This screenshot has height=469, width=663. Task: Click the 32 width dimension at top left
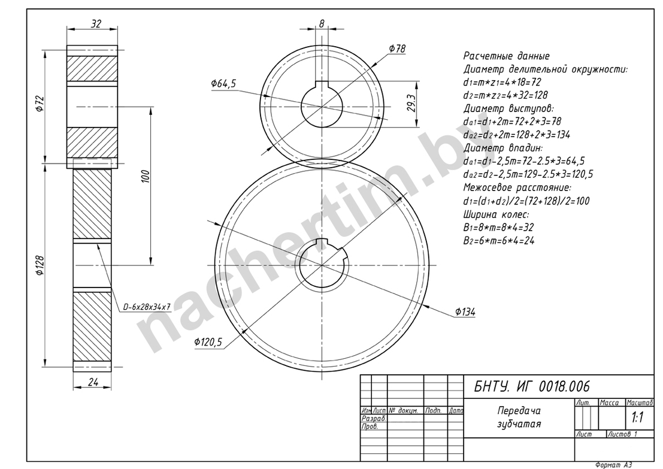tap(96, 24)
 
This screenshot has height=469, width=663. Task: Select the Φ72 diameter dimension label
tap(40, 104)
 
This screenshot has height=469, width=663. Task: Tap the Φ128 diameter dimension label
tap(40, 265)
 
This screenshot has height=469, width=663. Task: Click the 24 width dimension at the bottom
tap(93, 382)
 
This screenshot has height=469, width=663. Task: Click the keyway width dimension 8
tap(322, 24)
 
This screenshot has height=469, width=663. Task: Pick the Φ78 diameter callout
tap(397, 49)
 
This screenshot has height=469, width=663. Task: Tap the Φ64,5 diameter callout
tap(223, 84)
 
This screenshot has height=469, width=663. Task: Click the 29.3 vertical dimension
tap(412, 103)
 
